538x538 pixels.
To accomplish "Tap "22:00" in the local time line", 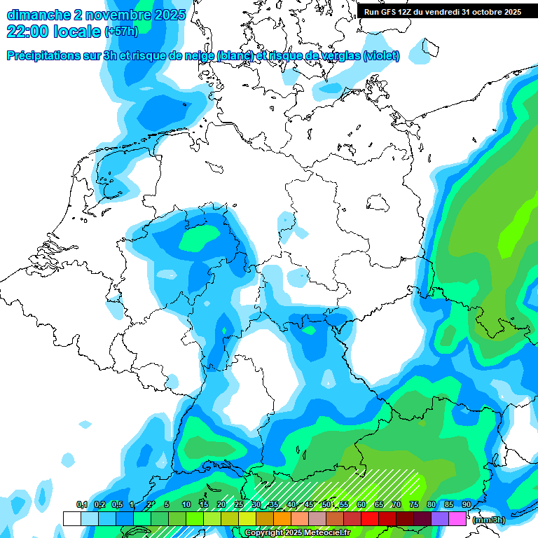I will click(x=29, y=31).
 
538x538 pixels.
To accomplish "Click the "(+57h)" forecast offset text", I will click(x=121, y=32).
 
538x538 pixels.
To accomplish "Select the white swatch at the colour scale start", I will click(x=71, y=518).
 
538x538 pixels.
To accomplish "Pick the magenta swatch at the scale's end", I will click(x=457, y=518).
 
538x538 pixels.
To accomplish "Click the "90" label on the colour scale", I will click(x=466, y=504).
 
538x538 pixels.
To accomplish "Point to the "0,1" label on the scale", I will click(x=81, y=504).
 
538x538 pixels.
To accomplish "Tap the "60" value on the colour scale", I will click(x=361, y=504).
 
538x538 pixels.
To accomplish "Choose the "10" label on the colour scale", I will click(x=186, y=504).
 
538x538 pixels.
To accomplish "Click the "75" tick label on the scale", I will click(x=413, y=504).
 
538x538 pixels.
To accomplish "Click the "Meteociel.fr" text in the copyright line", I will click(x=327, y=533).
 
